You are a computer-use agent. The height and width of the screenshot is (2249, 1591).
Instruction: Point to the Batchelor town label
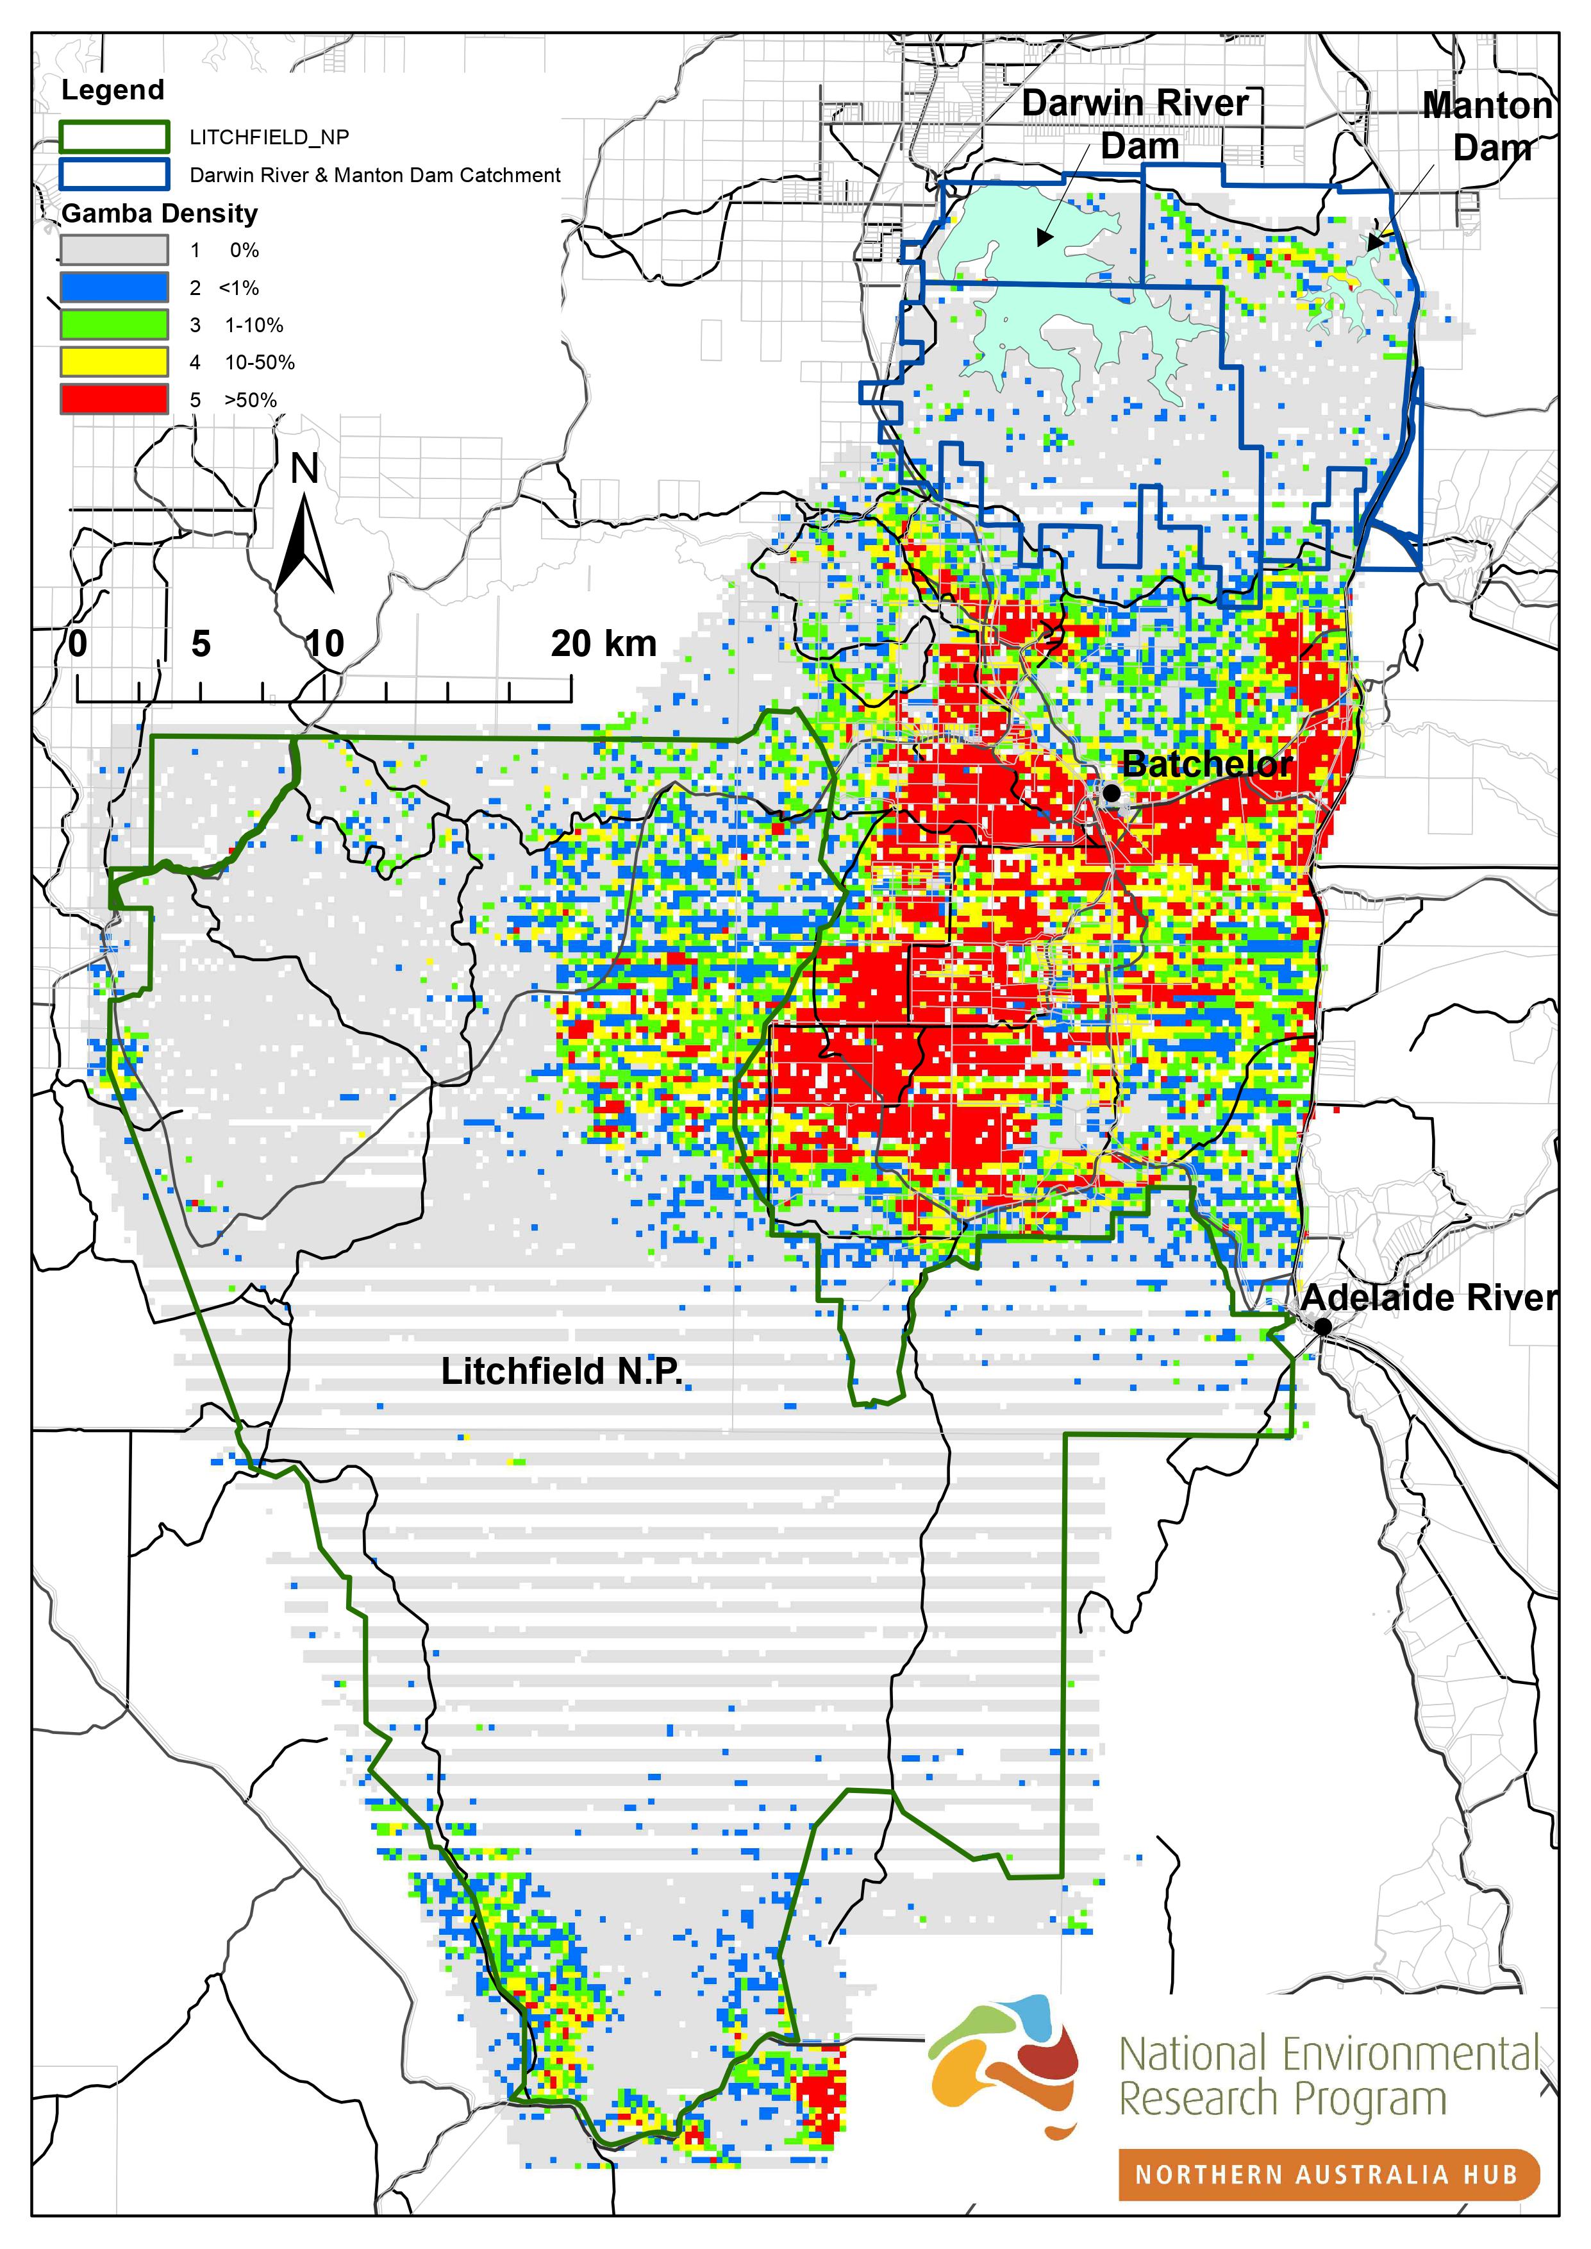pos(1207,764)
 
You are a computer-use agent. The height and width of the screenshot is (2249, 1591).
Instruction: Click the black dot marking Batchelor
pos(1111,792)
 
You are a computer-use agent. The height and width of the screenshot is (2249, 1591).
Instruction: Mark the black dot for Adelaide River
pos(1322,1326)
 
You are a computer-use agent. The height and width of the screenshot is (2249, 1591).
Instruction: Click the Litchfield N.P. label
pos(562,1372)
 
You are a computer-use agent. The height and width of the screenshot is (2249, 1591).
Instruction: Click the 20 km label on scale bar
pos(603,644)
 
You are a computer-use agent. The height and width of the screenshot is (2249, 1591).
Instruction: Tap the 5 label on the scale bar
pos(201,644)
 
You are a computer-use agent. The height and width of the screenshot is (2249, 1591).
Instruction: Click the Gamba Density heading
pos(160,213)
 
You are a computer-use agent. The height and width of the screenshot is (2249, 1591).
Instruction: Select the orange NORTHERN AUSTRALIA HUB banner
pos(1328,2175)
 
